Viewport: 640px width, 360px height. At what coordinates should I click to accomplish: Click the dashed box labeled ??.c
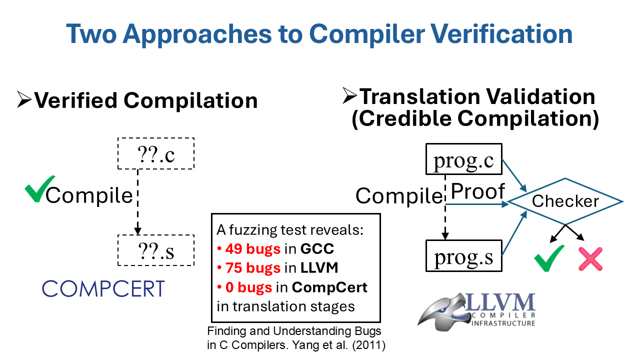(155, 154)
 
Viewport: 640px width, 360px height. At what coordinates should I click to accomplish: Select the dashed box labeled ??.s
(155, 250)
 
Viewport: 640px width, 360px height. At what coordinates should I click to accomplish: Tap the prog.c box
(463, 159)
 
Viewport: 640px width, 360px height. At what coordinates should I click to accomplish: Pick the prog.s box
(463, 256)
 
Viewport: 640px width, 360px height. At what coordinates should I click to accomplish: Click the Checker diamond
(565, 201)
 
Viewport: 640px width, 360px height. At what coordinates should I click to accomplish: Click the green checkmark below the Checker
(549, 258)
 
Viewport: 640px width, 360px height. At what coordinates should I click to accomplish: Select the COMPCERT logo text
(103, 288)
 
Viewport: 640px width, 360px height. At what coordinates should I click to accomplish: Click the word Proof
(477, 191)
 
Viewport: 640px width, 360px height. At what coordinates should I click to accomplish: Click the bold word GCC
(317, 248)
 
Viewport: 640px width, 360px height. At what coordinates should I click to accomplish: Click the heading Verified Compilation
(145, 100)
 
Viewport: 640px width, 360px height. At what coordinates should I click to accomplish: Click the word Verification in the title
(502, 33)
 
